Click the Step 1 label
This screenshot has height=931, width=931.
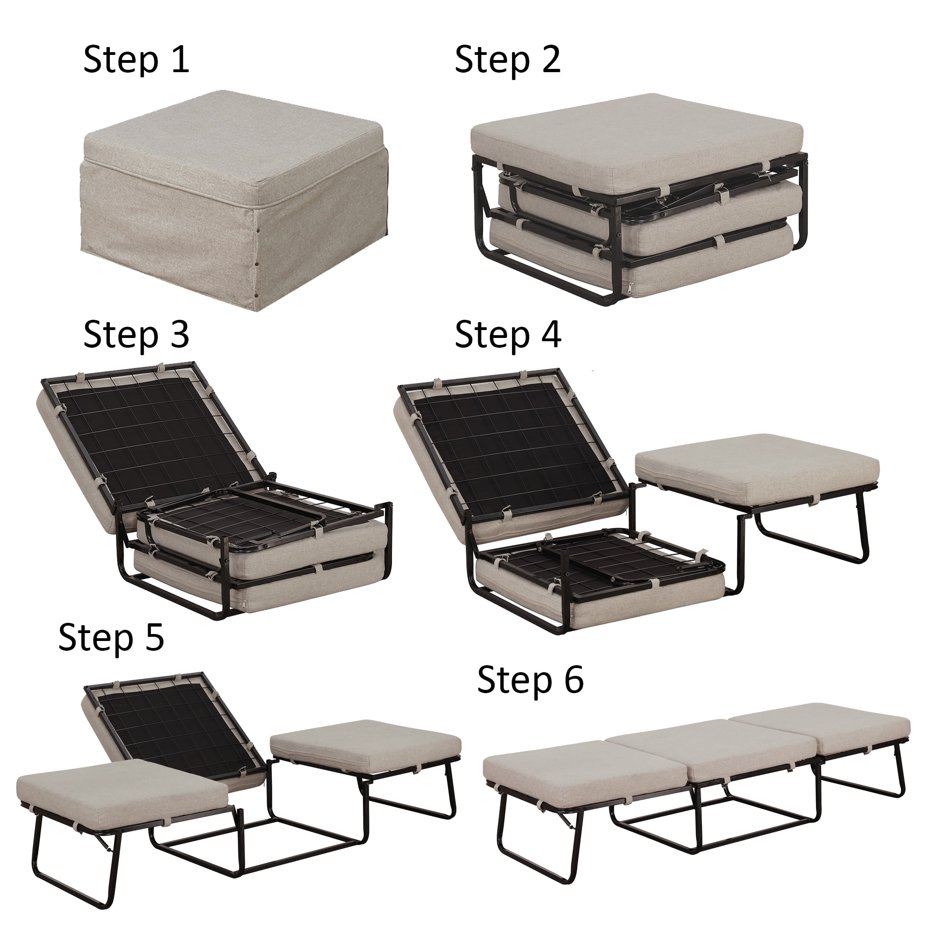click(136, 60)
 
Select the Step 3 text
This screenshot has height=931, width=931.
click(136, 334)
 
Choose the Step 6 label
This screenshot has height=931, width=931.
click(530, 680)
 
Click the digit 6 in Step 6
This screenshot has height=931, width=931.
click(573, 680)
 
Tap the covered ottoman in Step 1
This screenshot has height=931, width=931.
click(231, 193)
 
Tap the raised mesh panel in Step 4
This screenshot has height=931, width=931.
click(511, 443)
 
